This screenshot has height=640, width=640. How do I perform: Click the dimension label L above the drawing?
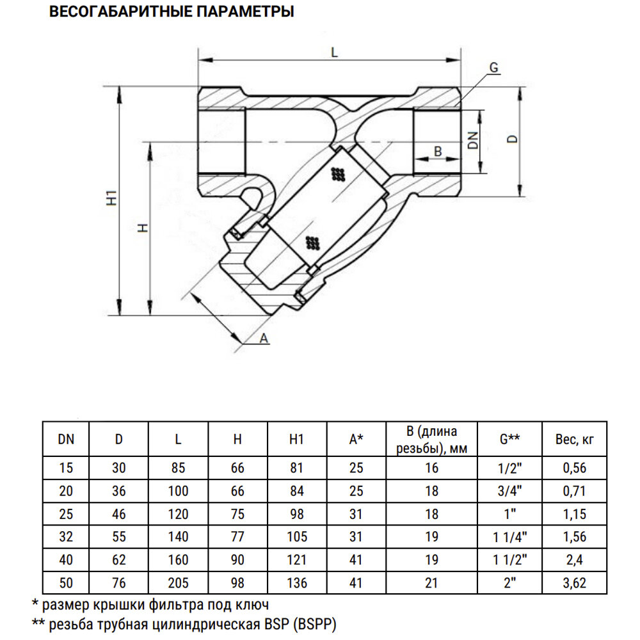pyautogui.click(x=333, y=52)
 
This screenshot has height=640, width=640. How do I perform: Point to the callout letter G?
pyautogui.click(x=493, y=67)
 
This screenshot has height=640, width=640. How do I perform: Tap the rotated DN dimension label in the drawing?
pyautogui.click(x=473, y=141)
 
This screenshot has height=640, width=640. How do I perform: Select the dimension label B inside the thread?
pyautogui.click(x=438, y=151)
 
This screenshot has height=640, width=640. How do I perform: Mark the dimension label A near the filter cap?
pyautogui.click(x=264, y=338)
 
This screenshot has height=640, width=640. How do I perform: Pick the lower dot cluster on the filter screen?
pyautogui.click(x=313, y=242)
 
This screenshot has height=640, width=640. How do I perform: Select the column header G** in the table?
pyautogui.click(x=509, y=439)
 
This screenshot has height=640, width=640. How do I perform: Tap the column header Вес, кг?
pyautogui.click(x=574, y=439)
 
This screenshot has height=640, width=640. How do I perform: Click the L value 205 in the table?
pyautogui.click(x=179, y=583)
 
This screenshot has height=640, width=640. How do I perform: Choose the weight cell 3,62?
pyautogui.click(x=574, y=583)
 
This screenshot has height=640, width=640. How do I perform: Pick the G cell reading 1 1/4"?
pyautogui.click(x=509, y=536)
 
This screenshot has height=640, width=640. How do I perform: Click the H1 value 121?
pyautogui.click(x=297, y=560)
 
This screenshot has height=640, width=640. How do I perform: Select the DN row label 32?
pyautogui.click(x=66, y=536)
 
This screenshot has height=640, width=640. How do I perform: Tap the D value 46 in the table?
pyautogui.click(x=119, y=513)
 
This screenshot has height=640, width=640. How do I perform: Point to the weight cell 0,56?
pyautogui.click(x=574, y=468)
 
